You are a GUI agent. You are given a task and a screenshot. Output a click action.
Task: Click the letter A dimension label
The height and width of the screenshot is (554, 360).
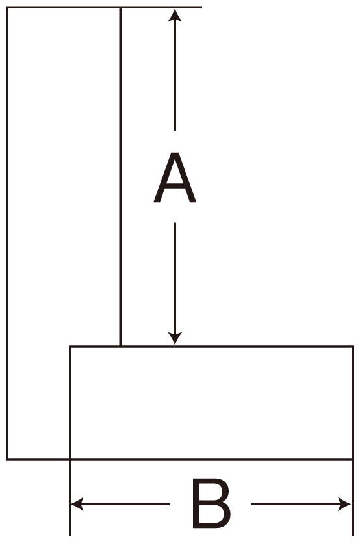175,178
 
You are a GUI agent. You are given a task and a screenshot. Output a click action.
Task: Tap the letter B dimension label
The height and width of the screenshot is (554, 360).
211,503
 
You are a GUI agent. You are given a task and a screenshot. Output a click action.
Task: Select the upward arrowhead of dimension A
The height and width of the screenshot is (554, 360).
175,16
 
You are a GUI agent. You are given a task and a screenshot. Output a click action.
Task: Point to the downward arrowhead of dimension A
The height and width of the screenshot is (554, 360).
175,339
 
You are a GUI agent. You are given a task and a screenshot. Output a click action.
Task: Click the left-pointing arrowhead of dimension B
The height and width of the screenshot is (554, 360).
77,504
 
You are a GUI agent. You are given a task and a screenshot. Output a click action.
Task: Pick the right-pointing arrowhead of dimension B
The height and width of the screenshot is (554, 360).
345,504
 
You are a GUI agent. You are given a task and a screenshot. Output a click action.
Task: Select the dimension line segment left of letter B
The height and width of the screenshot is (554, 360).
120,504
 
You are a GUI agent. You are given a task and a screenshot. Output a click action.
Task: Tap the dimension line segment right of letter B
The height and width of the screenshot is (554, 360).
302,504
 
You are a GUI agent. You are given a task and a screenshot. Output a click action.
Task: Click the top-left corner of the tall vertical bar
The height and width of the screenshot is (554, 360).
7,7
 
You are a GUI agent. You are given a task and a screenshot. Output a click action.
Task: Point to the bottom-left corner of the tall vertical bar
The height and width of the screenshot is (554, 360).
7,459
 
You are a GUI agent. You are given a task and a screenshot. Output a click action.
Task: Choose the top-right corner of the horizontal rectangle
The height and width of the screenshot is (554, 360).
352,347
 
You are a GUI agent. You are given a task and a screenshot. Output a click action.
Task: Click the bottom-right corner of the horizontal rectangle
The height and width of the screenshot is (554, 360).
352,459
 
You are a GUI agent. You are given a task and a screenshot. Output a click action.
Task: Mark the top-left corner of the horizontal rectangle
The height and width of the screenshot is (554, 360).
70,347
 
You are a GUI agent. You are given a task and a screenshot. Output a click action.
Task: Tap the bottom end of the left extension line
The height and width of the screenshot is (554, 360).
70,536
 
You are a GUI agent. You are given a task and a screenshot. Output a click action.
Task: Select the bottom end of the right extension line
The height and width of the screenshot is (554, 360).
352,536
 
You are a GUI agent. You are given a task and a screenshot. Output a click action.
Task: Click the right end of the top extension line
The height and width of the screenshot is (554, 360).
202,7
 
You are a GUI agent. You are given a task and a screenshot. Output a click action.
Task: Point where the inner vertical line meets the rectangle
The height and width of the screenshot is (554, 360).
120,347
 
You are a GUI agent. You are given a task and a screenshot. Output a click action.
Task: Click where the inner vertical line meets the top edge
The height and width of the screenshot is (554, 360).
120,7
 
